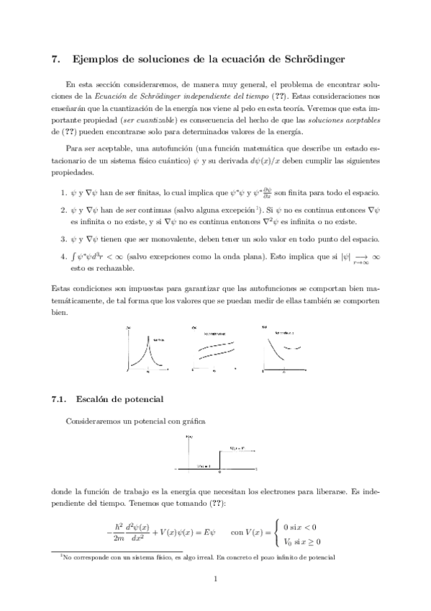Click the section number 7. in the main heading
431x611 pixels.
tap(57, 60)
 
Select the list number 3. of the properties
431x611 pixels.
tap(65, 239)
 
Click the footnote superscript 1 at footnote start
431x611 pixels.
tap(62, 556)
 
